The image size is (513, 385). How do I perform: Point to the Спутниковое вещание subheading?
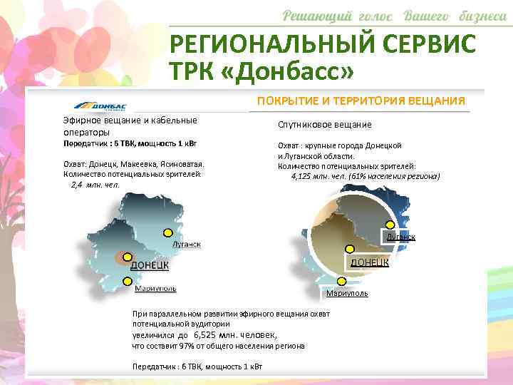point(324,125)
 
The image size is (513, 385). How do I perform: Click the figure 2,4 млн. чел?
point(95,184)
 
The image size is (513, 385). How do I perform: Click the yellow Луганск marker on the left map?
point(168,232)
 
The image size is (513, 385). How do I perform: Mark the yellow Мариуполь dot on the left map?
point(128,279)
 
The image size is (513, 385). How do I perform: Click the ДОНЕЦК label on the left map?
point(149,265)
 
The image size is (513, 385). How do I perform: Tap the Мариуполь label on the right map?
point(347,293)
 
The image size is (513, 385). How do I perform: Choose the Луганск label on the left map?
point(186,244)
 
